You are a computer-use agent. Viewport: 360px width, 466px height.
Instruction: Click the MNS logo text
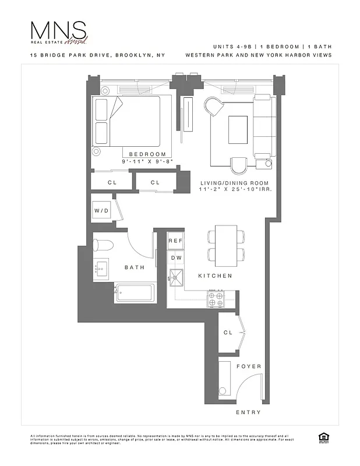click(x=58, y=30)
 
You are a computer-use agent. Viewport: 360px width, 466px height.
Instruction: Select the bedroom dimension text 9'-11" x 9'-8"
click(x=147, y=160)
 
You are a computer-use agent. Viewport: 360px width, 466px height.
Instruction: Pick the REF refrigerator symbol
click(x=175, y=241)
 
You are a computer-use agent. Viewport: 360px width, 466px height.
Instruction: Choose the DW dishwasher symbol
click(x=175, y=257)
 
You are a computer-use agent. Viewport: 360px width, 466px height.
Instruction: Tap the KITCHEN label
click(x=215, y=276)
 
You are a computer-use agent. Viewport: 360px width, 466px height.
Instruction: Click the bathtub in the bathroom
click(x=135, y=292)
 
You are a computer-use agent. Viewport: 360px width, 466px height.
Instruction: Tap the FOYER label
click(x=249, y=366)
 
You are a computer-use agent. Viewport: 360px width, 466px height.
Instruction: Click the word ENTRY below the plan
click(x=248, y=412)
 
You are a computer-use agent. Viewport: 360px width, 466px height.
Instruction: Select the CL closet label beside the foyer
click(x=229, y=332)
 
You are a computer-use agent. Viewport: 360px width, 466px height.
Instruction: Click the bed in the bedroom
click(x=133, y=121)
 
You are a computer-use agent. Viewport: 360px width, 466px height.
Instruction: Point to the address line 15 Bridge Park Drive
click(x=98, y=55)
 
